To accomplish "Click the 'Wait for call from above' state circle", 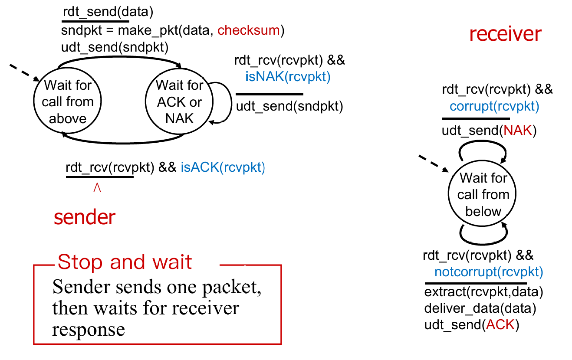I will tap(67, 102).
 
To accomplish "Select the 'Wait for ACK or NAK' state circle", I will tap(179, 102).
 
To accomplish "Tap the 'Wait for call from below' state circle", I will tap(483, 194).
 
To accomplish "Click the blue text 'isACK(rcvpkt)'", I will tap(223, 168).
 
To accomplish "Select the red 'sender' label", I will tap(85, 217).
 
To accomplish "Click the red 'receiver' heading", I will tap(505, 34).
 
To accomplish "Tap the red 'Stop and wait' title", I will tap(125, 262).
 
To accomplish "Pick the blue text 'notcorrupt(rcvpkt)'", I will tap(489, 272).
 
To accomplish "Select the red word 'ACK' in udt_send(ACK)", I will tap(500, 325).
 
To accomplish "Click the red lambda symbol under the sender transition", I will tap(97, 188).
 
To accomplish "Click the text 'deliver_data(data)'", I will tap(480, 309).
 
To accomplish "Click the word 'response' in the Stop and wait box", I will tap(89, 330).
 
